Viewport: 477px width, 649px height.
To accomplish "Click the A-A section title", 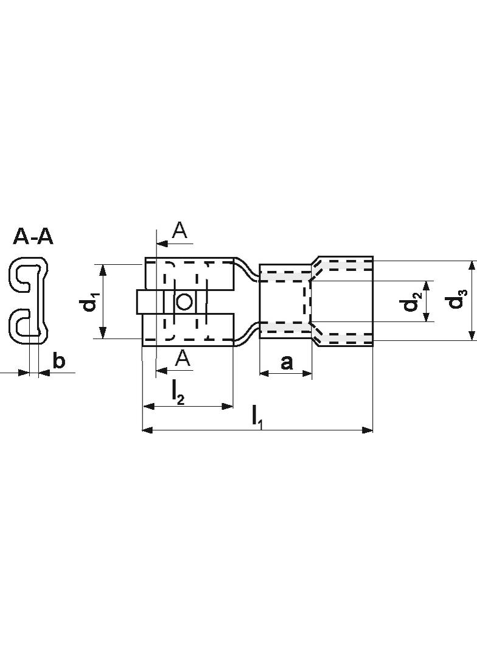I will (33, 236).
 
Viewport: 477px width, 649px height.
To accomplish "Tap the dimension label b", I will (59, 361).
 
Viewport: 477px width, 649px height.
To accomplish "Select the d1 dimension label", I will (90, 302).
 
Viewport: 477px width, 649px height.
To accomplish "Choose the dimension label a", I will (286, 362).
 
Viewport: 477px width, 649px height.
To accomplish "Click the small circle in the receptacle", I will (184, 301).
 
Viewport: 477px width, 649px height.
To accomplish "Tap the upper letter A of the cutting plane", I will (180, 230).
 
